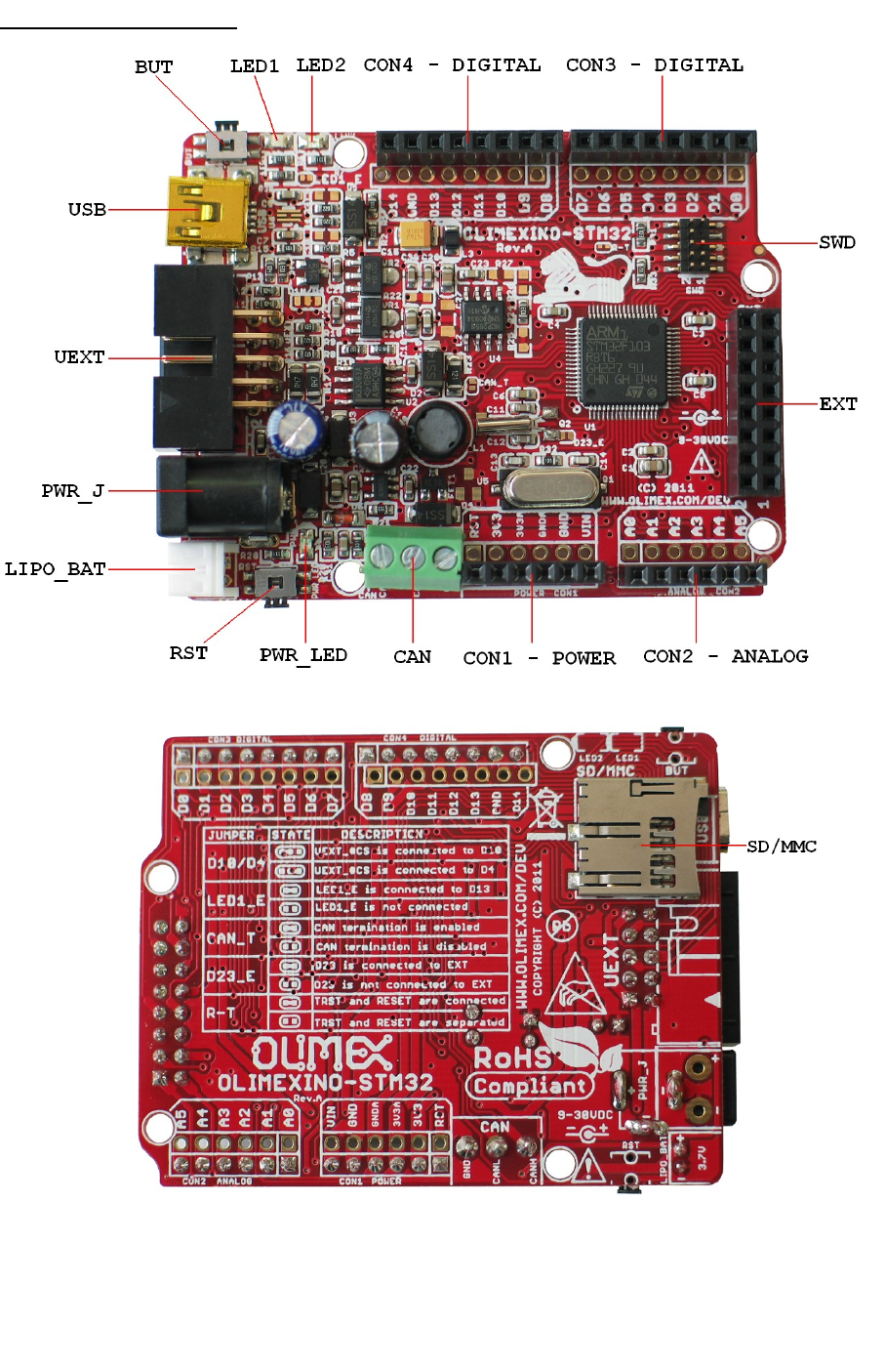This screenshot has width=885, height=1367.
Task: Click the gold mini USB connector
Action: pyautogui.click(x=206, y=210)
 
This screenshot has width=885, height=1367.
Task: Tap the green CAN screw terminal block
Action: pyautogui.click(x=413, y=557)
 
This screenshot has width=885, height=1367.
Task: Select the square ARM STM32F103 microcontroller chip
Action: pyautogui.click(x=623, y=360)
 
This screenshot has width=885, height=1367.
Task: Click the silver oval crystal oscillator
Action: pyautogui.click(x=546, y=485)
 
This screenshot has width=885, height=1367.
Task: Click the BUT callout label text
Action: pyautogui.click(x=153, y=67)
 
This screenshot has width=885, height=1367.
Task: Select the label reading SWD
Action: pyautogui.click(x=837, y=242)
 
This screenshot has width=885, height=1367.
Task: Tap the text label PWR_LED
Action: pyautogui.click(x=303, y=654)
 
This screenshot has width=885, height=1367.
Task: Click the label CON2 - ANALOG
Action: pyautogui.click(x=725, y=656)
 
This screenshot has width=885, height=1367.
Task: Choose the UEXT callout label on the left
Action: pyautogui.click(x=79, y=357)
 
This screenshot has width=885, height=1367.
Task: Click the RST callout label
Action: pyautogui.click(x=188, y=653)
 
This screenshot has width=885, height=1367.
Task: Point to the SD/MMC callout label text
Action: pyautogui.click(x=782, y=847)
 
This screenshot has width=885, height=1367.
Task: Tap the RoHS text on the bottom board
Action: pyautogui.click(x=512, y=1057)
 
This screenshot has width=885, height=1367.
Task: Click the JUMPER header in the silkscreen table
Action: pyautogui.click(x=232, y=835)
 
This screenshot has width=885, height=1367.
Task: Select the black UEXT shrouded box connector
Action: pyautogui.click(x=195, y=356)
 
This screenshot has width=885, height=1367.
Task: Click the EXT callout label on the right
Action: pyautogui.click(x=838, y=404)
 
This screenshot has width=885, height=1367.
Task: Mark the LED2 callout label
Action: pyautogui.click(x=321, y=65)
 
